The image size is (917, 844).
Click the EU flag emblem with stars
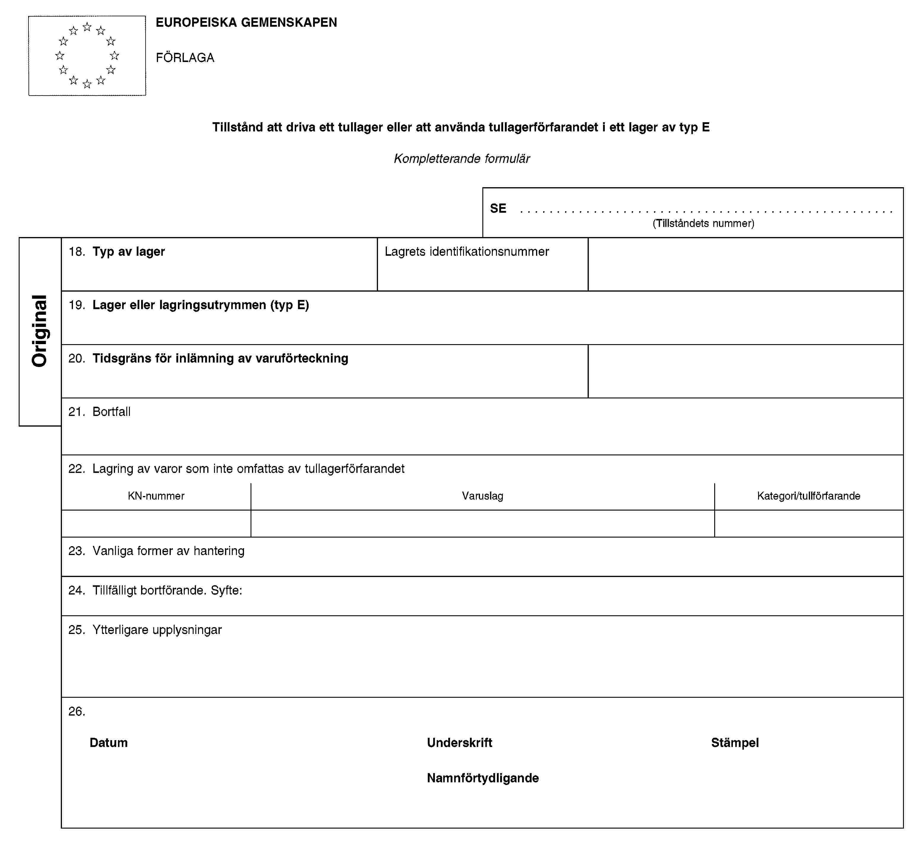(87, 56)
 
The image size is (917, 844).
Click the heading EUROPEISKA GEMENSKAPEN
(246, 22)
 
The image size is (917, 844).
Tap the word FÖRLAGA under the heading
(185, 58)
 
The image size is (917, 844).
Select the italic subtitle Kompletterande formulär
(462, 158)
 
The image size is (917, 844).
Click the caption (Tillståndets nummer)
(703, 223)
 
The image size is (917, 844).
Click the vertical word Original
(40, 331)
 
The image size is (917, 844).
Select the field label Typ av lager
(128, 252)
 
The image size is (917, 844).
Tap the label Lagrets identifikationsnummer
(466, 252)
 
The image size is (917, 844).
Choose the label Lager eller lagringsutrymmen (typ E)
(200, 305)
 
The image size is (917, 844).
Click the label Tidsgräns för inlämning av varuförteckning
(220, 359)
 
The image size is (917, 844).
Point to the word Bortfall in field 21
(111, 412)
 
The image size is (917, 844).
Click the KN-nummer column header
(156, 496)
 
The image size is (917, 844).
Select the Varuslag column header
(482, 496)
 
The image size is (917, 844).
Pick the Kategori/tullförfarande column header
(808, 496)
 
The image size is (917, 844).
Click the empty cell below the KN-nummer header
(156, 523)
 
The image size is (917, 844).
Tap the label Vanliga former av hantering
(168, 551)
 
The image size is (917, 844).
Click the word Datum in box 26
(109, 743)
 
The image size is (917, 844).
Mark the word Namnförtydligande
(482, 778)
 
